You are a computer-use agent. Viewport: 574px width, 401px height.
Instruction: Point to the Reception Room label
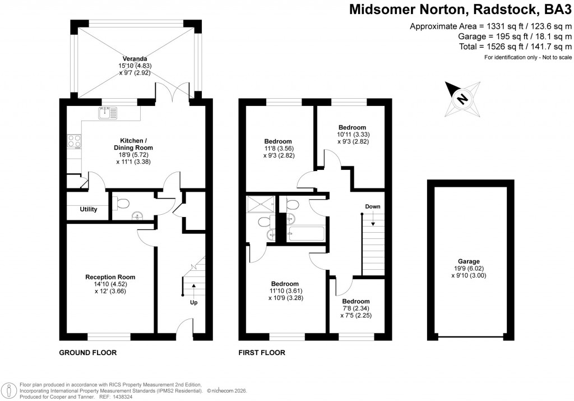(110, 277)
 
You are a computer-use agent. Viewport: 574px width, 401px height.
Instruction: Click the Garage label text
(469, 261)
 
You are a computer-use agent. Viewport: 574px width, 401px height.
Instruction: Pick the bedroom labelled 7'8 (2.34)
(356, 301)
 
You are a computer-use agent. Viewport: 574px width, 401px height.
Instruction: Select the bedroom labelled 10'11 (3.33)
(351, 127)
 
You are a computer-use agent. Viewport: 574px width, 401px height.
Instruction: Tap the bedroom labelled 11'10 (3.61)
(285, 284)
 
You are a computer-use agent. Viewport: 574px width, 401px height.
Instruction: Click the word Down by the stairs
(373, 207)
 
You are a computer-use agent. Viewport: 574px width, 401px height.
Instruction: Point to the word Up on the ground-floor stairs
(194, 303)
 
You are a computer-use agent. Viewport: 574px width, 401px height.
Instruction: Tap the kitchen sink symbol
(107, 113)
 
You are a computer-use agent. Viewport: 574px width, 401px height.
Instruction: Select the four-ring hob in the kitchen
(75, 142)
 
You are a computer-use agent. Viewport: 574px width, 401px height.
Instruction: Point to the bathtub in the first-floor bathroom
(305, 233)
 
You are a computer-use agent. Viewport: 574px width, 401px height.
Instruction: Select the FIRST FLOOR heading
(262, 353)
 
